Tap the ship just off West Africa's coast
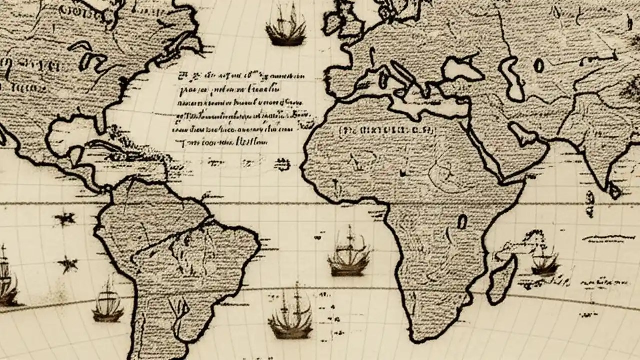pos(349,252)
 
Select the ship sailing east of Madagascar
pos(544,260)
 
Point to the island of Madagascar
pos(502,280)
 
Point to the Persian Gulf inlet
pos(522,132)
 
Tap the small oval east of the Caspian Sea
pos(538,65)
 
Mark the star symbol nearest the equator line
pos(65,218)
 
